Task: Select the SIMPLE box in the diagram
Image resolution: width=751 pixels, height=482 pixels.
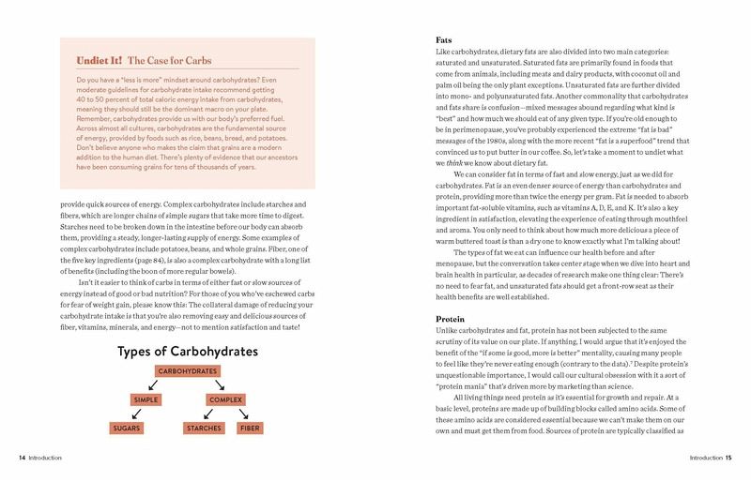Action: click(146, 399)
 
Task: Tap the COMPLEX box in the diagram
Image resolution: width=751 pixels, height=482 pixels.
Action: click(226, 399)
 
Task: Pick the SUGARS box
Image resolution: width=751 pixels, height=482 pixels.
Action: click(126, 428)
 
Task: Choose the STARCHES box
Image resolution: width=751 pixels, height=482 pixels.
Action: click(204, 428)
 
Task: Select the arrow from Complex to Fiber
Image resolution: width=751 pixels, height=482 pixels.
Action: click(244, 414)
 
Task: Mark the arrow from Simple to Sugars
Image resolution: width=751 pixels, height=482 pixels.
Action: click(136, 414)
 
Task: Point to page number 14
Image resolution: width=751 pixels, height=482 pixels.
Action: click(21, 459)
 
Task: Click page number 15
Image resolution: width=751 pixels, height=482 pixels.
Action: click(728, 459)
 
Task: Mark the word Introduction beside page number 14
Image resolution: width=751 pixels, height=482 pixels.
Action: click(45, 459)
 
